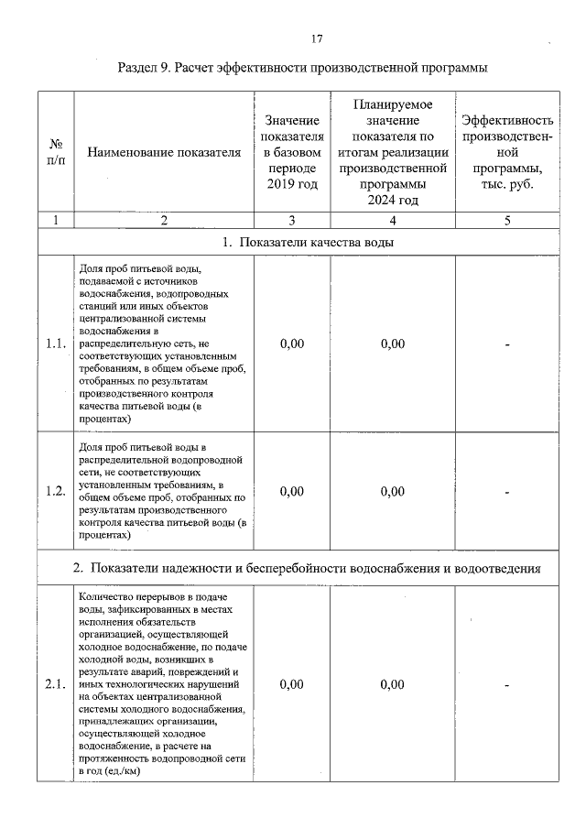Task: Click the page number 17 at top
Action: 317,39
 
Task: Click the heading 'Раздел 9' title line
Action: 302,68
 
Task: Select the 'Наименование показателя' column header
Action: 164,153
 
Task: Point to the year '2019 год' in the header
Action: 292,186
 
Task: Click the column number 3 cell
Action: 292,220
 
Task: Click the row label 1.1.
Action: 56,344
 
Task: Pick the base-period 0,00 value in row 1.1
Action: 292,344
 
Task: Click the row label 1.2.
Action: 56,491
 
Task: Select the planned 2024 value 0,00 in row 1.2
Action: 392,491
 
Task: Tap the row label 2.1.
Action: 56,684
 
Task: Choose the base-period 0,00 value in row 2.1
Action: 292,684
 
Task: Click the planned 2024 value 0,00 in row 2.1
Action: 392,684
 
